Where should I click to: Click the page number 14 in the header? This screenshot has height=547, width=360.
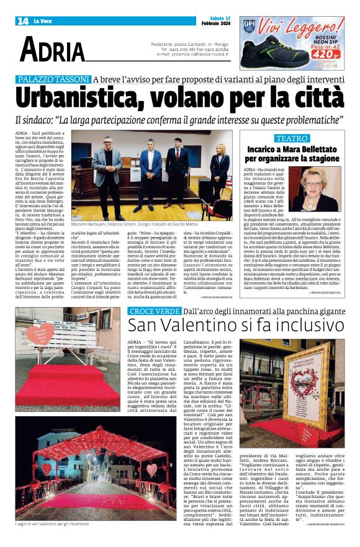pyautogui.click(x=22, y=21)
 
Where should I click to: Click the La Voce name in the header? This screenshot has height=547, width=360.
pyautogui.click(x=43, y=21)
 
